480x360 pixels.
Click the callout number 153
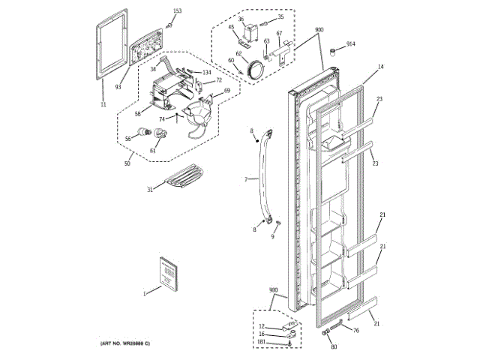pos(177,10)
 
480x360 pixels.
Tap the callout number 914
pos(351,44)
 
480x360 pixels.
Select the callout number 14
pos(380,67)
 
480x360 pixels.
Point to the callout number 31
pos(149,190)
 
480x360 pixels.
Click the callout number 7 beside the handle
pos(245,180)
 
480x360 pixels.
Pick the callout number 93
pos(118,87)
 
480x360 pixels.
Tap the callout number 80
pos(334,346)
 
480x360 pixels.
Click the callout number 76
pos(355,331)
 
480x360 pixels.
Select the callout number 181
pos(262,343)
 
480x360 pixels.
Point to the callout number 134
pos(206,72)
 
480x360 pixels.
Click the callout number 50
pos(127,163)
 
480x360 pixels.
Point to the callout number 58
pos(138,114)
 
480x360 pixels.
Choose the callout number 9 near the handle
pos(273,236)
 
